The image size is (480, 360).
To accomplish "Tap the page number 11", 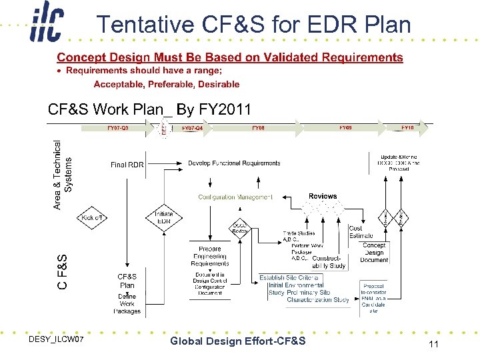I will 433,344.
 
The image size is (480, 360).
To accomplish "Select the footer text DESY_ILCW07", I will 57,341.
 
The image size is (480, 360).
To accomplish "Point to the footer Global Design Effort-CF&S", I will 238,341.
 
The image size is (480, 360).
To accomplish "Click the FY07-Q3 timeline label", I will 118,127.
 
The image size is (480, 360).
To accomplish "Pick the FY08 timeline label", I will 258,127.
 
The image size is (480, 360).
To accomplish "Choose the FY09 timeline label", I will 345,127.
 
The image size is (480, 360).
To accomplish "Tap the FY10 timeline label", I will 407,127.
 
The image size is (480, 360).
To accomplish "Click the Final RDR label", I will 127,165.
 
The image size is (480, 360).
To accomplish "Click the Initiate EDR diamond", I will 163,218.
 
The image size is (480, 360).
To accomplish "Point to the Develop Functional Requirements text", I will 234,163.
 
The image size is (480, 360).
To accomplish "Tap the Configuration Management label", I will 235,197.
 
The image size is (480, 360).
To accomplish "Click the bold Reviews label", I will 323,196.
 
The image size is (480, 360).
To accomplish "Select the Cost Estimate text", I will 361,232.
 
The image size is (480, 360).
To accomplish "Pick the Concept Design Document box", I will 374,253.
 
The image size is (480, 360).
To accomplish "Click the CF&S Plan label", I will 127,281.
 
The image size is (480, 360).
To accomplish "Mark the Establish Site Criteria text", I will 289,277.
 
